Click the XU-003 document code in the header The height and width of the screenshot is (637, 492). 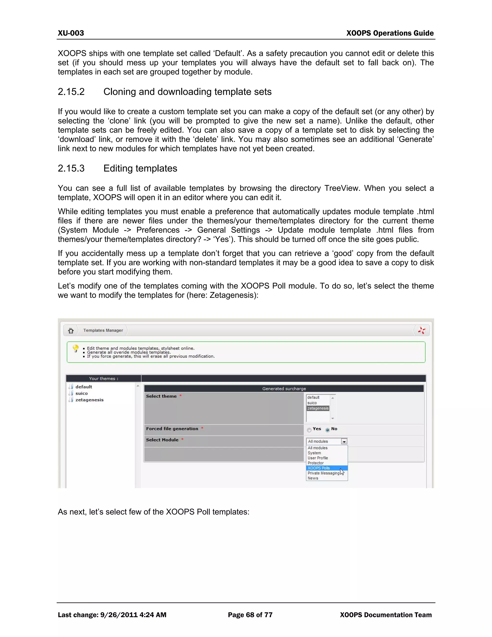click(x=71, y=33)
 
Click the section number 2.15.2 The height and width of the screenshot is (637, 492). click(x=71, y=92)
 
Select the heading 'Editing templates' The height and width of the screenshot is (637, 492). click(x=140, y=168)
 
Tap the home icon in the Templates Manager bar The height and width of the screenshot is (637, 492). click(x=71, y=331)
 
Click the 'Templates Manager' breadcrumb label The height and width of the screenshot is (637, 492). click(x=103, y=330)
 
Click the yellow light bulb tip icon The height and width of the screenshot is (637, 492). click(x=76, y=348)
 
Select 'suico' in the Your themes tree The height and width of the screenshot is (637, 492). click(x=81, y=393)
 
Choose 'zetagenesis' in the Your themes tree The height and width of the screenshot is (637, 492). click(x=89, y=400)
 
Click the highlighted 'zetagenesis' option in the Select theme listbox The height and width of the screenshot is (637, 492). click(x=318, y=408)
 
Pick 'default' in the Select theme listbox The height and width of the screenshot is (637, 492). click(x=313, y=397)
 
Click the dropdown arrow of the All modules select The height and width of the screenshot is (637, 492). click(x=344, y=442)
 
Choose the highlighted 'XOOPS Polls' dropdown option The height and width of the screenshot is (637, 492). click(x=319, y=468)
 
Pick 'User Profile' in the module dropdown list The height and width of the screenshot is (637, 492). click(x=318, y=458)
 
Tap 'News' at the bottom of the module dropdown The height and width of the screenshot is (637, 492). click(x=313, y=478)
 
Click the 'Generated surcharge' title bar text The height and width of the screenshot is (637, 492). click(x=284, y=388)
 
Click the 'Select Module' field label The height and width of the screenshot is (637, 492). click(x=162, y=440)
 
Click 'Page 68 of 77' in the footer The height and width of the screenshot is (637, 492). click(x=250, y=615)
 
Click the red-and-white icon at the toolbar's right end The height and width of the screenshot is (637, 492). click(x=421, y=331)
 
